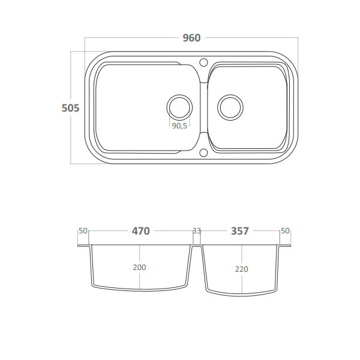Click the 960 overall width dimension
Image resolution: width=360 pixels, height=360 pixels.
192,38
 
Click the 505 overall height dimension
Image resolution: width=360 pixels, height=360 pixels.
70,108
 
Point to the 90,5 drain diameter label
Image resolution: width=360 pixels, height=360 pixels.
179,126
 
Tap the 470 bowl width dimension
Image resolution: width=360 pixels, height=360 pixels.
141,231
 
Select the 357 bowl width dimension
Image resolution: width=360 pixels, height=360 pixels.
239,231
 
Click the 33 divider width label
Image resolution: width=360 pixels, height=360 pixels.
197,231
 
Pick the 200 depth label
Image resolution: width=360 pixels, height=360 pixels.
139,267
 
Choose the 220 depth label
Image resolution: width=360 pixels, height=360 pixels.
242,269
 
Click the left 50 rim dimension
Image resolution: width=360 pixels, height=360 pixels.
83,231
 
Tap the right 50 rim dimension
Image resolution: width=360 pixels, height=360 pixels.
285,231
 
